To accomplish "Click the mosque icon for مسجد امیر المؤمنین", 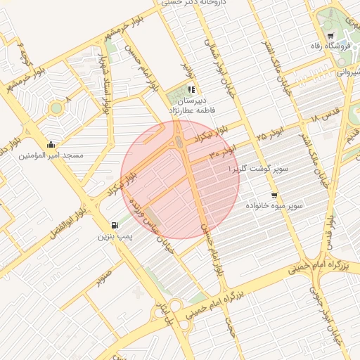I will tap(50, 145).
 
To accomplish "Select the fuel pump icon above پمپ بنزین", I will tap(114, 225).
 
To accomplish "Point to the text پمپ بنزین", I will tap(114, 237).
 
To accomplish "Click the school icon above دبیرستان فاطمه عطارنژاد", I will tap(191, 89).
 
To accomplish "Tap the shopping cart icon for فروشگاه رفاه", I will tap(330, 36).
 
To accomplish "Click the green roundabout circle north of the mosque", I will tap(56, 108).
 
